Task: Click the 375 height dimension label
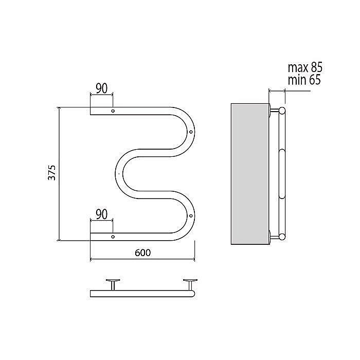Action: coord(52,173)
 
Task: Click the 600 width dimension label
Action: coord(142,253)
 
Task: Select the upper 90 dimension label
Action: coord(101,88)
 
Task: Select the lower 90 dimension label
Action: coord(101,214)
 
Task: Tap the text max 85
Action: coord(305,67)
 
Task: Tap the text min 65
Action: coord(304,80)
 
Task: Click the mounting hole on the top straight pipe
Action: coord(113,111)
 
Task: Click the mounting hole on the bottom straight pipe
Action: coord(113,237)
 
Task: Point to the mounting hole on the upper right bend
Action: coord(191,132)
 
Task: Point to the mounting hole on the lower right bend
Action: coord(191,216)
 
